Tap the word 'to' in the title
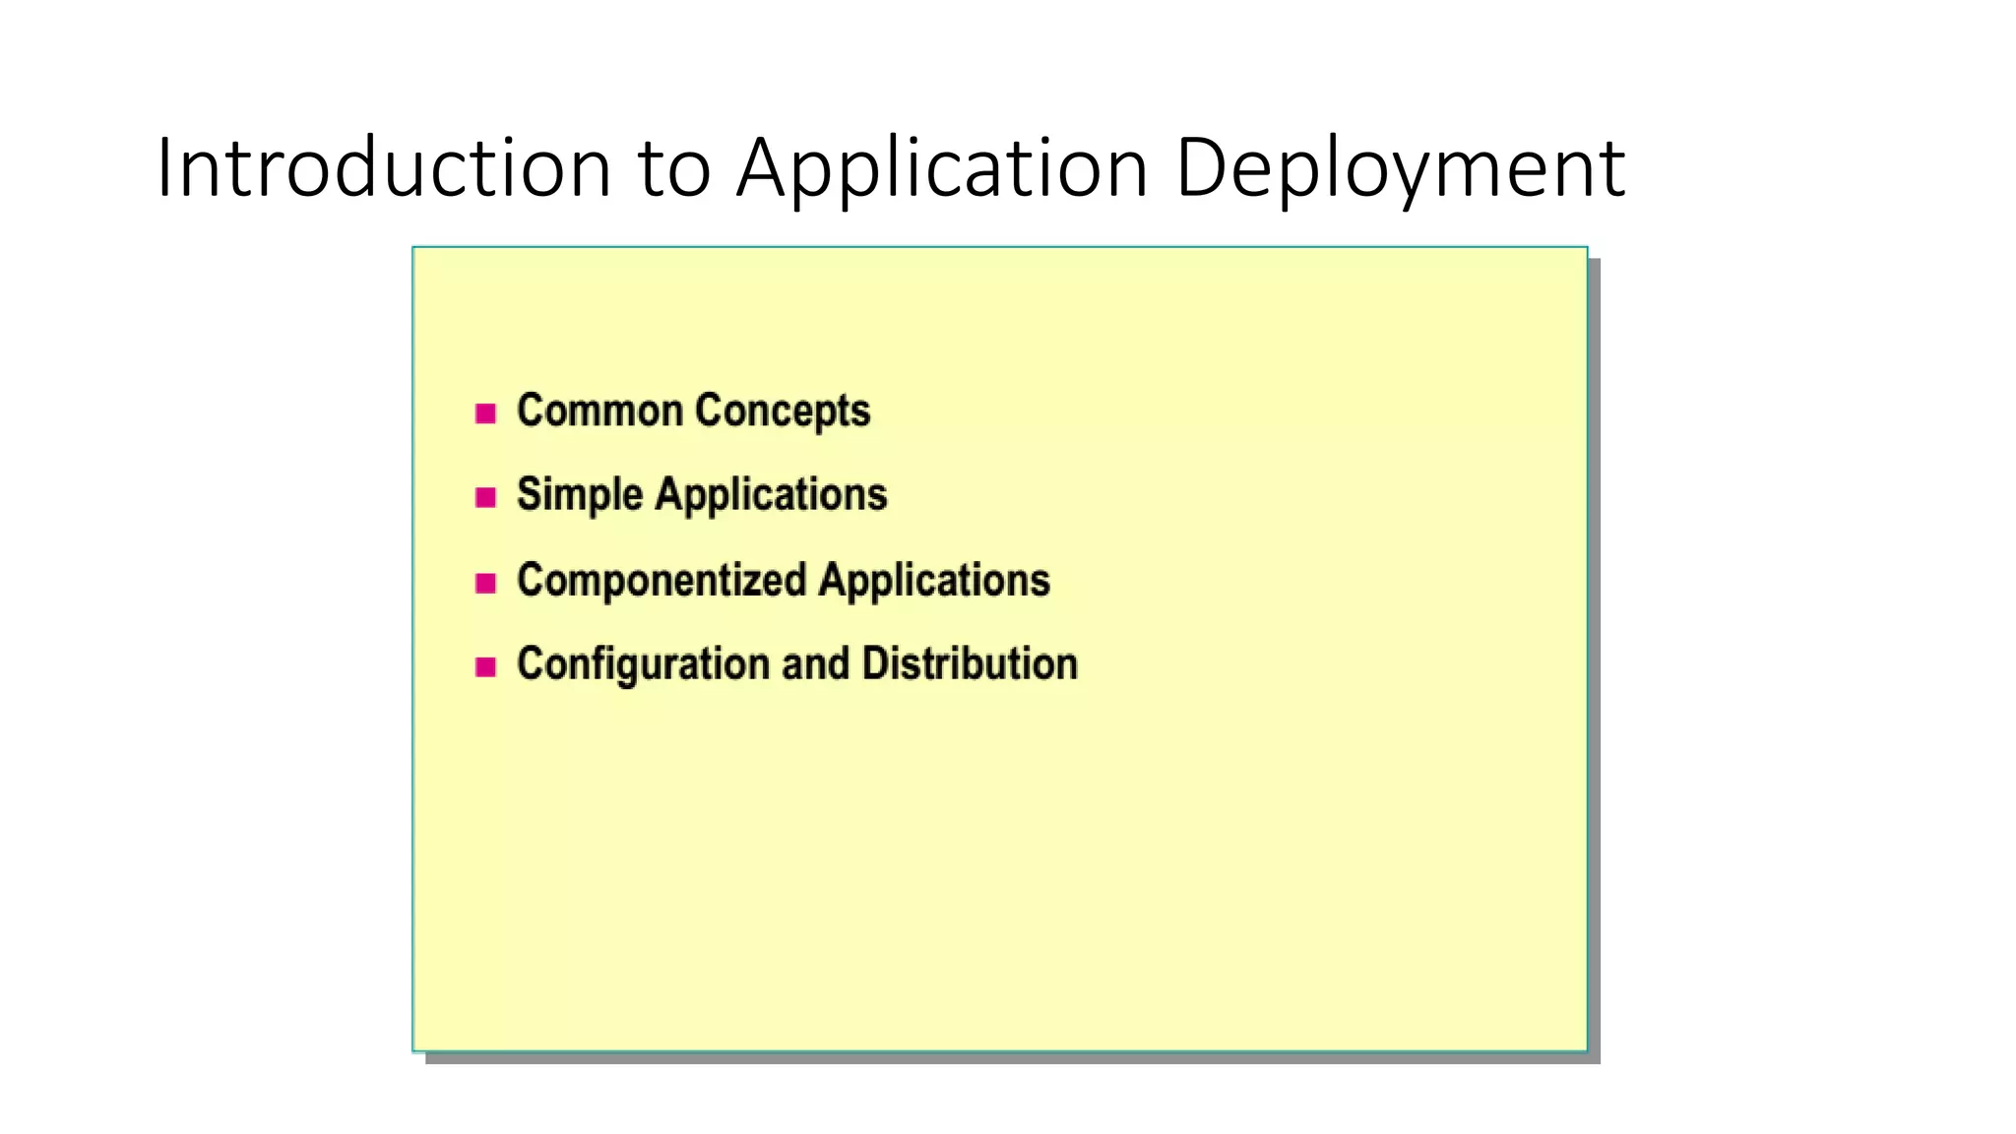(x=674, y=169)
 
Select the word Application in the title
(x=942, y=169)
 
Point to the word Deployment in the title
(x=1399, y=169)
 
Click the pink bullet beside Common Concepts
(x=485, y=413)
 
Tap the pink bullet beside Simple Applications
(x=485, y=497)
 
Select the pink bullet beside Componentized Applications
(x=485, y=583)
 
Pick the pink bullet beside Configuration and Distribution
(x=485, y=667)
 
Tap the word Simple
(x=579, y=495)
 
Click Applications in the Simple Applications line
(x=771, y=495)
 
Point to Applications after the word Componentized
(x=934, y=581)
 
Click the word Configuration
(x=643, y=664)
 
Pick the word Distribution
(x=970, y=663)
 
